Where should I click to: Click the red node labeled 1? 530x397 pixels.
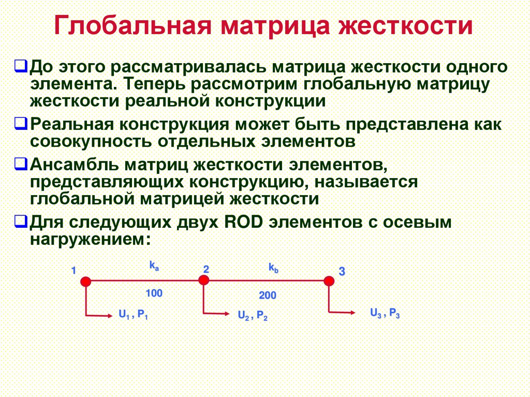point(85,281)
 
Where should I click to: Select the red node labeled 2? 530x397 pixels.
point(204,280)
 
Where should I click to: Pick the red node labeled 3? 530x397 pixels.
point(329,281)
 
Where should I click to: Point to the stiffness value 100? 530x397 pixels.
point(154,293)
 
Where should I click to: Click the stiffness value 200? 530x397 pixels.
point(268,296)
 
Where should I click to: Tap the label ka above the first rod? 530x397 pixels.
point(154,266)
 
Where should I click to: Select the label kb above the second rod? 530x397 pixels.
point(273,268)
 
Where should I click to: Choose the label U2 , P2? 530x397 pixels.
point(253,315)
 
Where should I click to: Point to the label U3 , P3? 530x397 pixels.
point(385,313)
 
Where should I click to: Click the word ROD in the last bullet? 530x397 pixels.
point(243,223)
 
